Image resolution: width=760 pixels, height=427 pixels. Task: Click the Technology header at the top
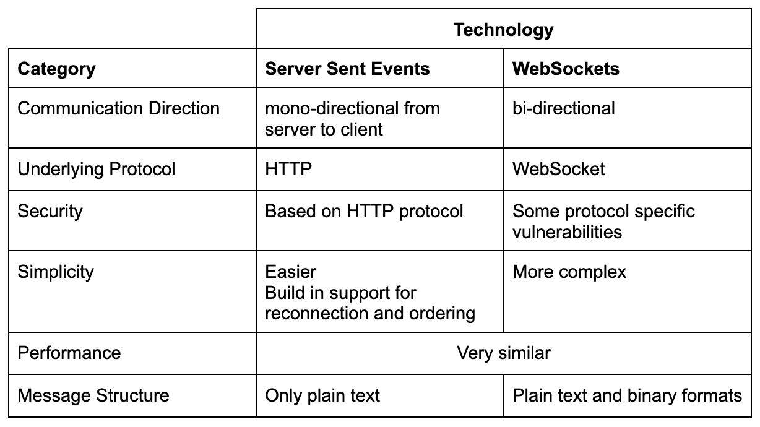point(504,30)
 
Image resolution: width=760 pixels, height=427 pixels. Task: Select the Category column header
point(57,69)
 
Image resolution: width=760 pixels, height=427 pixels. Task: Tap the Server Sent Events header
point(347,69)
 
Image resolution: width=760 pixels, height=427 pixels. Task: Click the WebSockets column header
point(566,69)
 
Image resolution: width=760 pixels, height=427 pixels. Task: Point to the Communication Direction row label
point(118,108)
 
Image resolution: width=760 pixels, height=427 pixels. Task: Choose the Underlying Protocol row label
point(97,169)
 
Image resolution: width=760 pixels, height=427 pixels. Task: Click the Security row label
point(50,212)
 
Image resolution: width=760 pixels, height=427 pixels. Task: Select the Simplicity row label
point(56,272)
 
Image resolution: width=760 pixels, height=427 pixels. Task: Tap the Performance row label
point(69,353)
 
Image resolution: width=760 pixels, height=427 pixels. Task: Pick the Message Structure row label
point(93,395)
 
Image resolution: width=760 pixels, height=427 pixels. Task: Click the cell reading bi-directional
point(564,108)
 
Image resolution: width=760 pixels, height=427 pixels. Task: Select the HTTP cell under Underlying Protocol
point(288,169)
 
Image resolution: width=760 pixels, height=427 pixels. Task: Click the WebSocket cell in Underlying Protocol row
point(558,169)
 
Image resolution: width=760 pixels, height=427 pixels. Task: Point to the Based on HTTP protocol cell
point(364,212)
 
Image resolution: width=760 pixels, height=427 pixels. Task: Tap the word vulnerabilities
point(568,232)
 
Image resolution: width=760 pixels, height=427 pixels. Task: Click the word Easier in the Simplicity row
point(291,272)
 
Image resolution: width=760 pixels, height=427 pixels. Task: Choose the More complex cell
point(569,272)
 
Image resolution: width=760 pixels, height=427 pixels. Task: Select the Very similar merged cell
point(504,353)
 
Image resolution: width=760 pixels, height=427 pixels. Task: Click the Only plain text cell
point(322,396)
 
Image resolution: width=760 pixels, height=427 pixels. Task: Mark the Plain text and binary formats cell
point(627,396)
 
